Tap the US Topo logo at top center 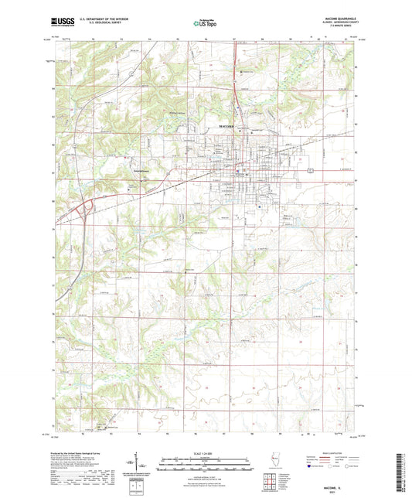[205, 23]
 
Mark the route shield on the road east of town [310, 169]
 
